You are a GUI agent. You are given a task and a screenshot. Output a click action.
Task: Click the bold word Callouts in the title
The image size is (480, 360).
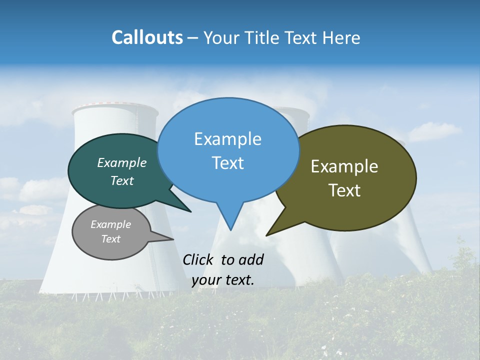[147, 37]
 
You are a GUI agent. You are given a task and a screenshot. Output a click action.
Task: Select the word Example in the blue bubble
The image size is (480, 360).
[227, 139]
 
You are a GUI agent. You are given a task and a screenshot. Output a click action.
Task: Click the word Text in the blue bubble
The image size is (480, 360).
[227, 162]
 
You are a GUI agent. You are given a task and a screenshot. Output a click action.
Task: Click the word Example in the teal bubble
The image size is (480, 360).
[122, 162]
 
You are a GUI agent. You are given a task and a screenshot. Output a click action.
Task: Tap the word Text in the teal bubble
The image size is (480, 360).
[122, 180]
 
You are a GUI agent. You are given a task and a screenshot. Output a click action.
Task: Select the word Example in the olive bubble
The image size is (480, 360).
[344, 166]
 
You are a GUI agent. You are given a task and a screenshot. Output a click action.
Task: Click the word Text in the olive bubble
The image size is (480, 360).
[344, 190]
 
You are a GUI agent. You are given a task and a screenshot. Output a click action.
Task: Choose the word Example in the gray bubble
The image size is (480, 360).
[110, 224]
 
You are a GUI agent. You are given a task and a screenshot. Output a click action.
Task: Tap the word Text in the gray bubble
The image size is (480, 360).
[110, 239]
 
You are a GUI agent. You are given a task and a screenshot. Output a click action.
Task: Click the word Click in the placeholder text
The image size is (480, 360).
[198, 259]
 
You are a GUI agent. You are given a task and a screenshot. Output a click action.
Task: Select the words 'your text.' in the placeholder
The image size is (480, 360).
[222, 280]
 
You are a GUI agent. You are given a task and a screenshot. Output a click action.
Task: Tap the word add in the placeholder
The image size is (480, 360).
[251, 259]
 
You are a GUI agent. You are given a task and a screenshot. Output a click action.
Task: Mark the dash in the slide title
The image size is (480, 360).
[193, 38]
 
